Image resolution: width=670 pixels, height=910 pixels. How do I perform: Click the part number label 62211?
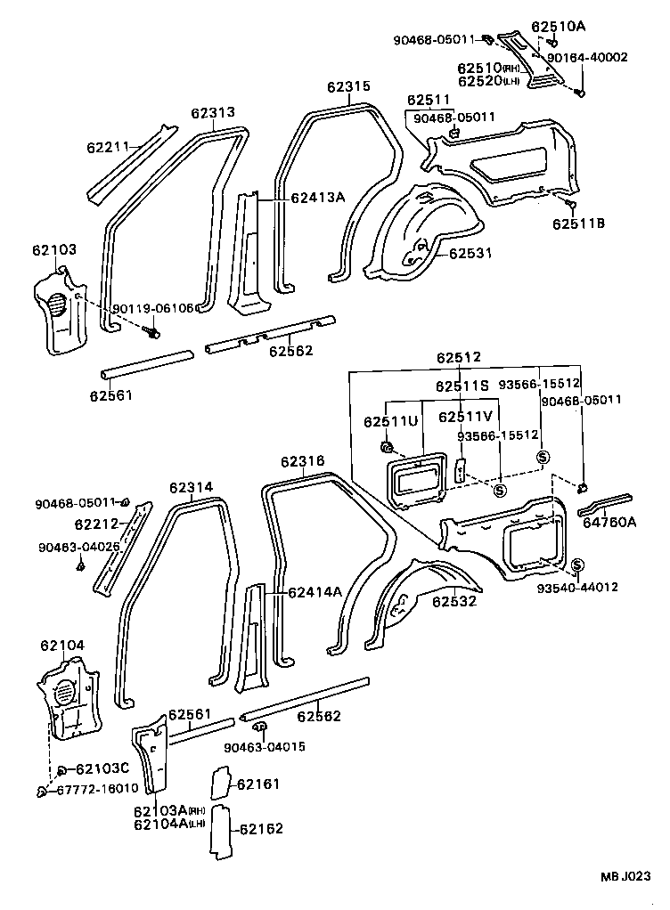point(108,147)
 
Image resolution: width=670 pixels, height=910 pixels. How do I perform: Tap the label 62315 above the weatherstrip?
point(347,86)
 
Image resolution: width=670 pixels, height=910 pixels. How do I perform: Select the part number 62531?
point(470,253)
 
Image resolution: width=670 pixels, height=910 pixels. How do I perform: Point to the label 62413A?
point(316,198)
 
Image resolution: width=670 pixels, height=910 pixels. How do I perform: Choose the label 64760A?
point(609,523)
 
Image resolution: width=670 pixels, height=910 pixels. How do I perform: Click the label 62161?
point(258,784)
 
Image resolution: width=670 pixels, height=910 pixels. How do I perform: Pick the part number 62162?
point(259,829)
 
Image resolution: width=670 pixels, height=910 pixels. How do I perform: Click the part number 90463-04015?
point(265,746)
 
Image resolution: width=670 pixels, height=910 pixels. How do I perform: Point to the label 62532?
point(454,601)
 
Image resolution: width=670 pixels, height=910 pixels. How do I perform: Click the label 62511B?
point(578,223)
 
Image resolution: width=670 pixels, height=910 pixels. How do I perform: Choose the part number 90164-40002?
point(587,57)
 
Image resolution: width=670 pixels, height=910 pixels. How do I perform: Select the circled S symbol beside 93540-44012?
point(576,565)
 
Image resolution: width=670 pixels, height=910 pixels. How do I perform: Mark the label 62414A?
point(315,590)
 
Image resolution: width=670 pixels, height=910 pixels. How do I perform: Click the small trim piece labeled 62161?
point(219,782)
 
